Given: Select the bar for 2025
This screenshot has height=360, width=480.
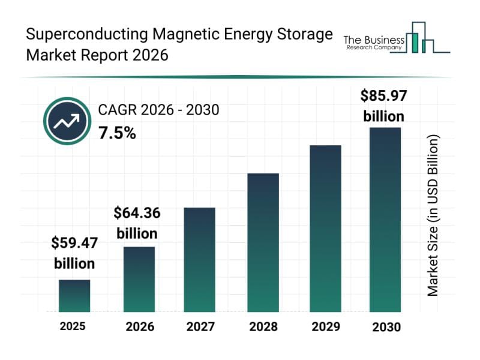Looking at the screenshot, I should (74, 296).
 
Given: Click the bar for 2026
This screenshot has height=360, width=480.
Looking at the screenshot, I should (139, 279).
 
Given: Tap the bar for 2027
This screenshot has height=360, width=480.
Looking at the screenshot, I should (200, 259).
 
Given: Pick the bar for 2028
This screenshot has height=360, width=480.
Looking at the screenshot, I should (263, 242).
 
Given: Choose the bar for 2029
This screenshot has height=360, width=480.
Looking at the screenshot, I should (325, 228).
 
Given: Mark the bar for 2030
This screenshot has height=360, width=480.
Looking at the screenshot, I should (385, 220).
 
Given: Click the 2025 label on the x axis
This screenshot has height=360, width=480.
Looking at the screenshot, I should (73, 326).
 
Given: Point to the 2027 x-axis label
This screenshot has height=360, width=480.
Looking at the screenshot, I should (200, 327).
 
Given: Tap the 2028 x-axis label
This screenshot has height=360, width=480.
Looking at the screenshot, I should (263, 327).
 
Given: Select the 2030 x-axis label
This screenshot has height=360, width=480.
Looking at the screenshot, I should (385, 327).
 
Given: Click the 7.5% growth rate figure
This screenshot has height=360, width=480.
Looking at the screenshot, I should (117, 133).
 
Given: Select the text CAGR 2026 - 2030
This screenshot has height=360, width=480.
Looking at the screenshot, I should (158, 110).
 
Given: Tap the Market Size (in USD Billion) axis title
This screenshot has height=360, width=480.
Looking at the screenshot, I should (433, 215).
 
